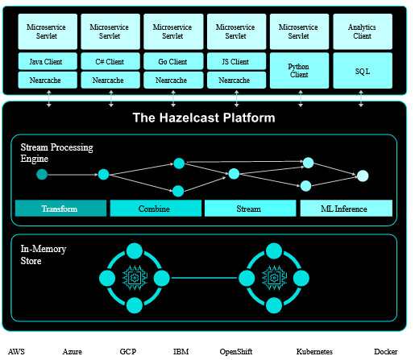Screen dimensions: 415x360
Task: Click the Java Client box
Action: pos(48,61)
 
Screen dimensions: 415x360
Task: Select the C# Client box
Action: pos(110,61)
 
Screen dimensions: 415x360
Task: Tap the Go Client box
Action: pos(173,61)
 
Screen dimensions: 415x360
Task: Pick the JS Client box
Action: pos(236,61)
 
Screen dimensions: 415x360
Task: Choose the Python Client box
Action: pos(299,70)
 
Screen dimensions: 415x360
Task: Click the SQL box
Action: pos(363,70)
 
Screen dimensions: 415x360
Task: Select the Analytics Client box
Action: pos(363,31)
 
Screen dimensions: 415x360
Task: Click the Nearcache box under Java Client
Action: pos(48,80)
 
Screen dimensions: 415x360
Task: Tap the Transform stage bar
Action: pos(60,209)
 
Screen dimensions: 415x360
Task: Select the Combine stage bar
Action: pos(156,209)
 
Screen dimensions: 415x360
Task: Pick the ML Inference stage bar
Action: pos(347,209)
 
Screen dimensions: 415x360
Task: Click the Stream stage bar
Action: pos(251,209)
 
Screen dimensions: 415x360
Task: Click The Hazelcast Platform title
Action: pos(204,118)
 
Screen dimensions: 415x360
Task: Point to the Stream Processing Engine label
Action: pos(56,153)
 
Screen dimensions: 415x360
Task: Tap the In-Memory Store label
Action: pos(44,254)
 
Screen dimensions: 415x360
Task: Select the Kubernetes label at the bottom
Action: pos(314,351)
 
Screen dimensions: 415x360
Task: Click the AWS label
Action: pos(16,351)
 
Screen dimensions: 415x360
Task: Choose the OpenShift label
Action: pos(236,352)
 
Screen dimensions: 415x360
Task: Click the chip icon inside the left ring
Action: pos(135,278)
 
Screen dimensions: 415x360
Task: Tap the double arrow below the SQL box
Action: pos(361,98)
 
